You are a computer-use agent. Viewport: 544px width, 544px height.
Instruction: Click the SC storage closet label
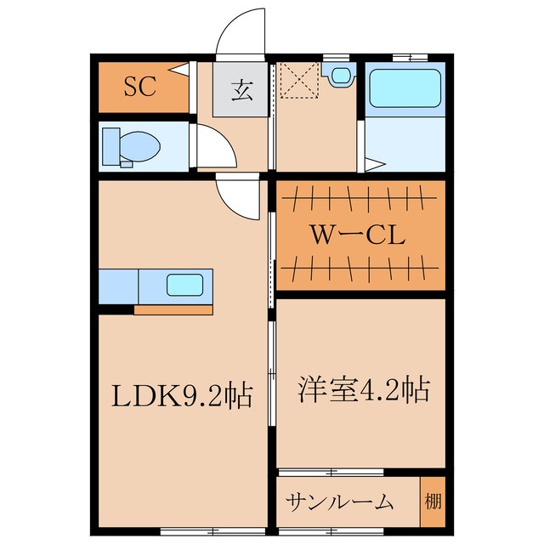[141, 87]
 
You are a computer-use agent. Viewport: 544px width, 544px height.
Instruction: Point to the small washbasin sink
[341, 75]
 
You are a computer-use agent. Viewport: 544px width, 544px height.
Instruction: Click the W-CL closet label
[357, 235]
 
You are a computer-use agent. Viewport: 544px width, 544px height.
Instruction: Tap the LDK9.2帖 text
[184, 396]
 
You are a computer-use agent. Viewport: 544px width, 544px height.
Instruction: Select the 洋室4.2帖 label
[362, 389]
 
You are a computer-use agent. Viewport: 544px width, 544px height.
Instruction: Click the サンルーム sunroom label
[338, 501]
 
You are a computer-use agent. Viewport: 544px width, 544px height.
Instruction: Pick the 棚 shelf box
[433, 499]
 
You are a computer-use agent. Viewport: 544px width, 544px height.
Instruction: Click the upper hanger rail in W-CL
[357, 201]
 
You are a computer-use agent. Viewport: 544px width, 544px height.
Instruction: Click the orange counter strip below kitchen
[173, 309]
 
